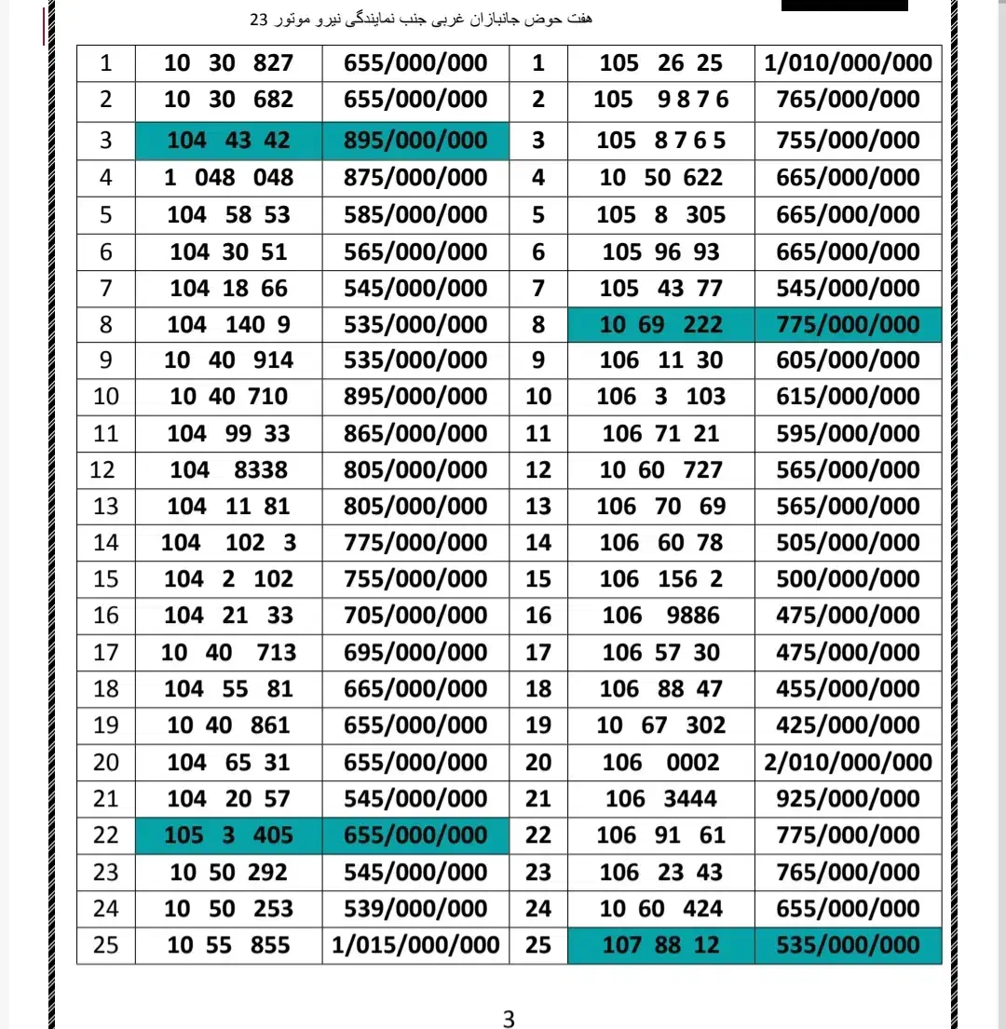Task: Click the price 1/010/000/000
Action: tap(848, 63)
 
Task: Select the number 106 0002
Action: tap(660, 763)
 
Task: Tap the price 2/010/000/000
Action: tap(848, 763)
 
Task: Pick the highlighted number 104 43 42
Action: tap(229, 141)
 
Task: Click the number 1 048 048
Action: tap(229, 178)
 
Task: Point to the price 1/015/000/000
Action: tap(415, 945)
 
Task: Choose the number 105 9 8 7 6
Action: tap(660, 100)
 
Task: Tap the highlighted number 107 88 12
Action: tap(660, 945)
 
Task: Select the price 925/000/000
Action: tap(848, 799)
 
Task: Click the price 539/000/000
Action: tap(415, 909)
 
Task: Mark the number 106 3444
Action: tap(660, 799)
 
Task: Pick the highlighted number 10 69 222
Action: tap(660, 325)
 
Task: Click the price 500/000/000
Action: tap(848, 579)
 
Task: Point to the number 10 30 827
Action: tap(229, 63)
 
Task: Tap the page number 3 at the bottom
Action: tap(508, 1019)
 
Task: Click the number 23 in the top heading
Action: tap(257, 20)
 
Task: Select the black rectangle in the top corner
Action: tap(844, 5)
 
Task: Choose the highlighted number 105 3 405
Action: tap(229, 835)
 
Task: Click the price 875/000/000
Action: tap(415, 178)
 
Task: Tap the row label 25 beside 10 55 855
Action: tap(106, 945)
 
